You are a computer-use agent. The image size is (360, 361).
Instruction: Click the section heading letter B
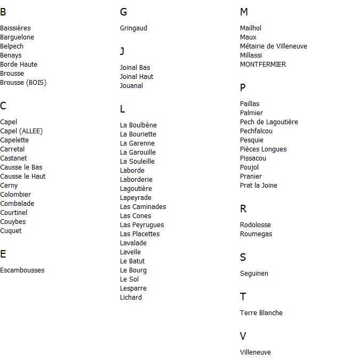tap(3, 12)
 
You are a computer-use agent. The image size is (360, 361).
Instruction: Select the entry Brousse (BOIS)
tap(23, 83)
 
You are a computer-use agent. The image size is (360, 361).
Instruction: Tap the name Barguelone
tap(17, 37)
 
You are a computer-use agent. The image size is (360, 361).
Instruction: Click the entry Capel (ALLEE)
tap(21, 131)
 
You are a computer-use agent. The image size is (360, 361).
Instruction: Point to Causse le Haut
tap(23, 177)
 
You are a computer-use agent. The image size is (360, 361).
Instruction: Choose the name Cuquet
tap(11, 231)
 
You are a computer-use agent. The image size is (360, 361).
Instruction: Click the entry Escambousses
tap(22, 270)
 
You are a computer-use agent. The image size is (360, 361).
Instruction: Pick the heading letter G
tap(124, 12)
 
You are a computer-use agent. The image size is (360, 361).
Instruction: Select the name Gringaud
tap(133, 28)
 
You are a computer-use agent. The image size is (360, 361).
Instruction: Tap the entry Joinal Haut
tap(137, 77)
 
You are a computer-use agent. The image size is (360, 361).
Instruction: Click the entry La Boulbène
tap(138, 125)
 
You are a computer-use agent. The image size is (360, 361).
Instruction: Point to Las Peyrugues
tap(142, 225)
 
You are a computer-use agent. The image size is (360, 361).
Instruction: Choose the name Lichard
tap(131, 298)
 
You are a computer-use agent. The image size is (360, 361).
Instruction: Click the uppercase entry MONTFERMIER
tap(263, 65)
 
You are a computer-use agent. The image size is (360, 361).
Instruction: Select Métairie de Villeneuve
tap(274, 46)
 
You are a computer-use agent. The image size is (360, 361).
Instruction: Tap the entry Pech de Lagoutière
tap(269, 122)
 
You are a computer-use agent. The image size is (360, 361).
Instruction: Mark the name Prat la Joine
tap(259, 186)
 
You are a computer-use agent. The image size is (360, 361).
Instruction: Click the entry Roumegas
tap(256, 234)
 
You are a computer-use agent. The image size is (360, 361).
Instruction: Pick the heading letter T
tap(243, 297)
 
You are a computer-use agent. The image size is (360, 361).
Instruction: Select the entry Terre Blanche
tap(261, 313)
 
